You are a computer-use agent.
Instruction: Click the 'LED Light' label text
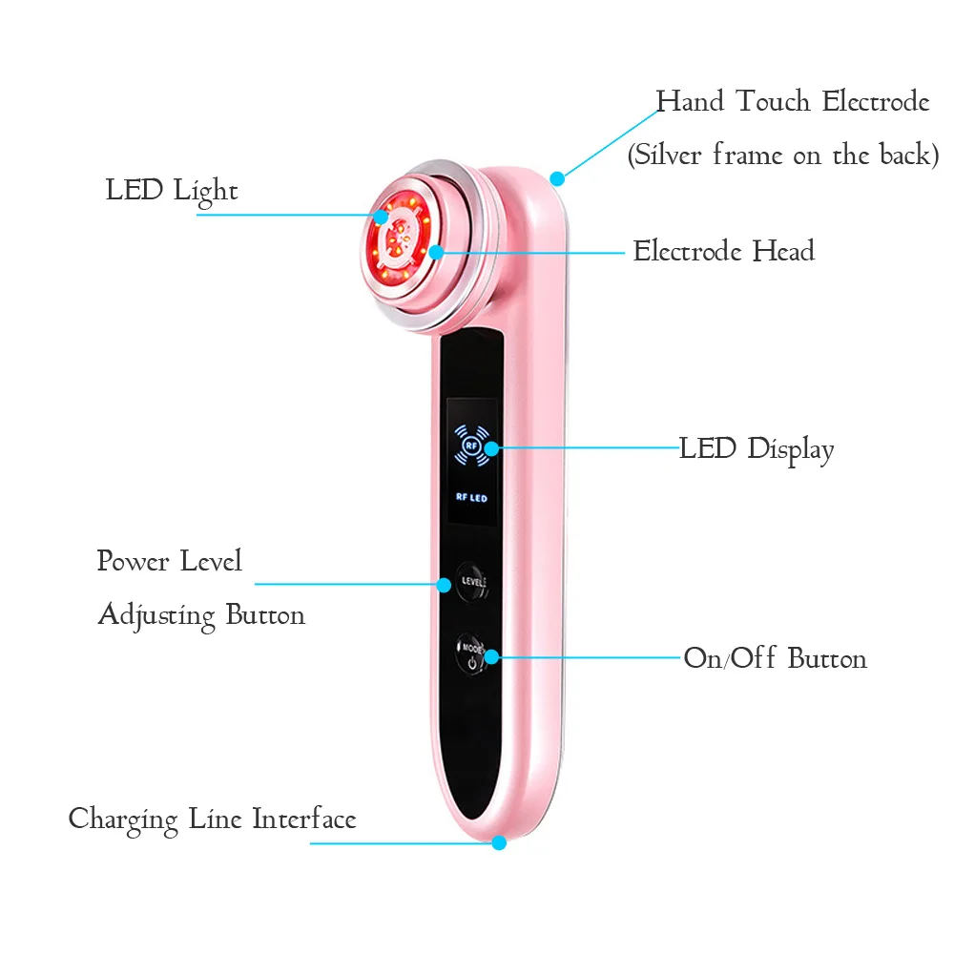172,190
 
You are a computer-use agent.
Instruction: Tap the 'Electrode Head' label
724,252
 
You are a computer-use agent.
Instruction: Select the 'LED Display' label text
757,448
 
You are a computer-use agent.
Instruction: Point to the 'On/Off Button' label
775,658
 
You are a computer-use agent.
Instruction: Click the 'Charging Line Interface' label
212,819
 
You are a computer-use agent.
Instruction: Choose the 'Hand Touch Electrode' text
792,102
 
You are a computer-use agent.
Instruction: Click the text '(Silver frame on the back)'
782,155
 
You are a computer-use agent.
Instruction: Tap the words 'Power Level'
170,561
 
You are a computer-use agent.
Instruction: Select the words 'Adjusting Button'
201,614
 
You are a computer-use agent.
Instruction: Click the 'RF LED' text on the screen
471,497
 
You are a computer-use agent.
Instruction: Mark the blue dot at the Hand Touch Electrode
558,177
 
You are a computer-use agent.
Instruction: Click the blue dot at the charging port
498,842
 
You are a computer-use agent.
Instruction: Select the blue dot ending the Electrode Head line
436,253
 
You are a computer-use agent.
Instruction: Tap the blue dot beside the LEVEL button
444,584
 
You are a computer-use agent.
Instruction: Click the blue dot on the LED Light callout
381,216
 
